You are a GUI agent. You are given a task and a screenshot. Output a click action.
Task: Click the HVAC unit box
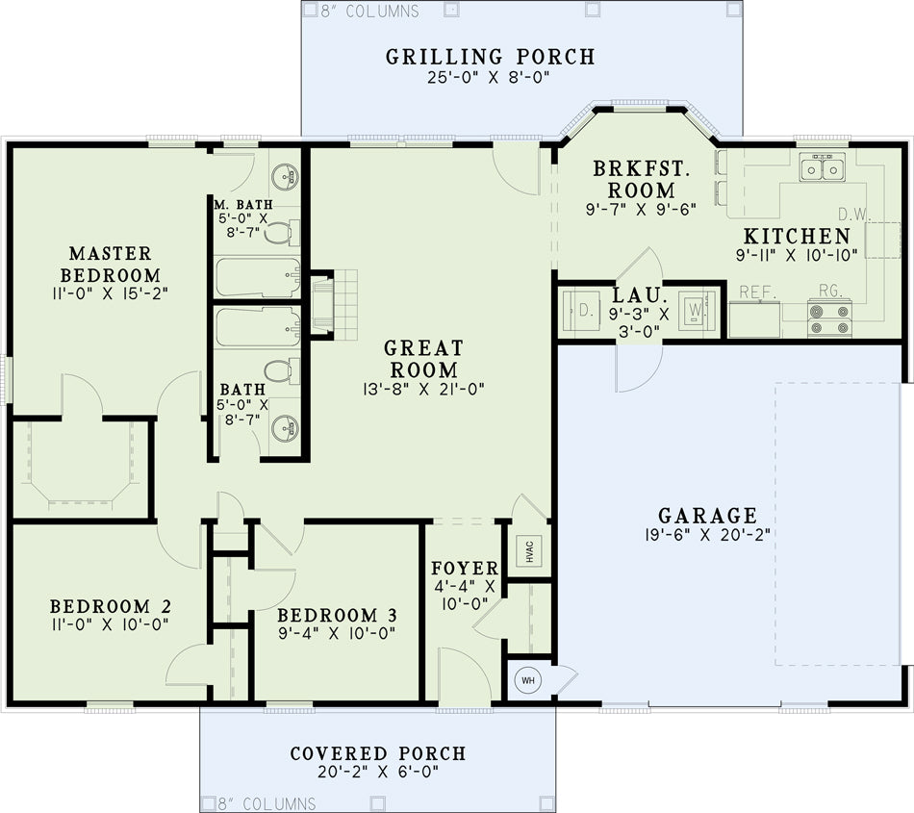click(529, 550)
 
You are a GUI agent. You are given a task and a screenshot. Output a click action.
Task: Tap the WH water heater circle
click(528, 680)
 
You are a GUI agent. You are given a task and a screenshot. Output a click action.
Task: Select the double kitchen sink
click(823, 167)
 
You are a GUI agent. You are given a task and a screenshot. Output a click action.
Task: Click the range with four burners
click(829, 318)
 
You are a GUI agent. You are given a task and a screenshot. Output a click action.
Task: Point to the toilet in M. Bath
click(282, 233)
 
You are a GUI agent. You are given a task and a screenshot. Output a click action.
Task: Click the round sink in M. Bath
click(285, 175)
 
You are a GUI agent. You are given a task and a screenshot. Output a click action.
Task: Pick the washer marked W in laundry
click(697, 310)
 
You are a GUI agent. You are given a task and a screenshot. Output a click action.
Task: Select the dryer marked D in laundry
click(578, 311)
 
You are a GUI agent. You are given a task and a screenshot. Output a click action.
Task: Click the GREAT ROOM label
click(423, 359)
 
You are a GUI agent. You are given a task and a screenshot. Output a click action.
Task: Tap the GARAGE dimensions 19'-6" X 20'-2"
click(708, 535)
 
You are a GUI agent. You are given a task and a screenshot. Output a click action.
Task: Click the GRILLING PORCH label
click(491, 57)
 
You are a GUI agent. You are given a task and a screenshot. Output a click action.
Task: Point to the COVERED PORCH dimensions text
click(378, 772)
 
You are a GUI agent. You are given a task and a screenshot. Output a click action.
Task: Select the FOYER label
click(465, 569)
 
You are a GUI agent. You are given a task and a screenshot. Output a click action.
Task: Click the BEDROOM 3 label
click(337, 616)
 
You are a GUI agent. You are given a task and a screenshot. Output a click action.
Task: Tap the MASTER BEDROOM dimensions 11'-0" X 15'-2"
click(110, 293)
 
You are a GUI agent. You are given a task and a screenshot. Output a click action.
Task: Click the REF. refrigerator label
click(758, 292)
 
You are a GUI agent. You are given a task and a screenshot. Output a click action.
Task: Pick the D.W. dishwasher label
click(854, 214)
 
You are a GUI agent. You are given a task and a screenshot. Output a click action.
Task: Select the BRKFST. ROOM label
click(642, 180)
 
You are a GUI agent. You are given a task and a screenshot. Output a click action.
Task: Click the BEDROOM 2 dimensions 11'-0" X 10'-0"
click(110, 624)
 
